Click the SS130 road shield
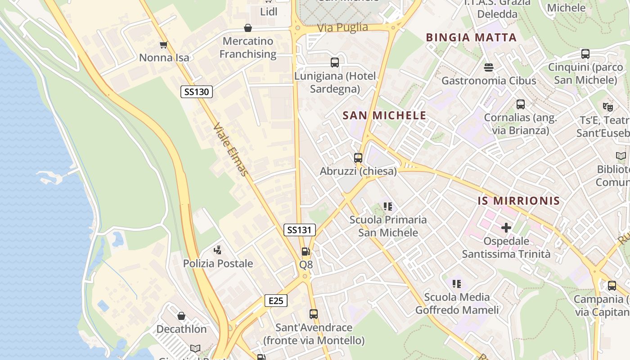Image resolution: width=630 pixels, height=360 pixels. pyautogui.click(x=197, y=92)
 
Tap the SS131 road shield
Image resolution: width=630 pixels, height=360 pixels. pyautogui.click(x=299, y=230)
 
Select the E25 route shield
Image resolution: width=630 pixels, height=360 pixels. pyautogui.click(x=275, y=301)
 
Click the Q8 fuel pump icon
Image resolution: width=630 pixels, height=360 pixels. pyautogui.click(x=306, y=252)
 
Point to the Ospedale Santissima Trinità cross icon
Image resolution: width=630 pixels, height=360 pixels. pyautogui.click(x=506, y=228)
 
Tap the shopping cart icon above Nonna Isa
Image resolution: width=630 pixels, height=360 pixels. pyautogui.click(x=164, y=45)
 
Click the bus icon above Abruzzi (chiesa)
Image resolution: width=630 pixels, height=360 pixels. pyautogui.click(x=358, y=158)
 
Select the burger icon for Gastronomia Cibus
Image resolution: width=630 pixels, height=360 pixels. pyautogui.click(x=489, y=67)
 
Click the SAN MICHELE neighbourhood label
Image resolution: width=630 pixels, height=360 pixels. pyautogui.click(x=384, y=116)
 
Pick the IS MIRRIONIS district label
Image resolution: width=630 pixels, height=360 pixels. pyautogui.click(x=519, y=201)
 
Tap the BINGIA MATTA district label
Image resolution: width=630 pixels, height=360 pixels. pyautogui.click(x=471, y=37)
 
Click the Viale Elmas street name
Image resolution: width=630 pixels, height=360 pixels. pyautogui.click(x=230, y=149)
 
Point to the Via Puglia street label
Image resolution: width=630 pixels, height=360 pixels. pyautogui.click(x=342, y=27)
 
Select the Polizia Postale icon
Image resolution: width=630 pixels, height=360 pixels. pyautogui.click(x=218, y=250)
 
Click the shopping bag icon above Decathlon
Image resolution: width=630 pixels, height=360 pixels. pyautogui.click(x=181, y=316)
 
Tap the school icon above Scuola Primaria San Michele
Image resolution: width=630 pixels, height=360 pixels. pyautogui.click(x=388, y=207)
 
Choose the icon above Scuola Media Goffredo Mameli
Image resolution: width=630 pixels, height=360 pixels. pyautogui.click(x=457, y=284)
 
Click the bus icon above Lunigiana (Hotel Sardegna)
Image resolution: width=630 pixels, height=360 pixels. pyautogui.click(x=335, y=63)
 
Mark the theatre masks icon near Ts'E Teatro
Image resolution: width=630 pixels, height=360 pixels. pyautogui.click(x=608, y=107)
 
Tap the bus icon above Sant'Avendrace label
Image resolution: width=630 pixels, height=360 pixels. pyautogui.click(x=314, y=314)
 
